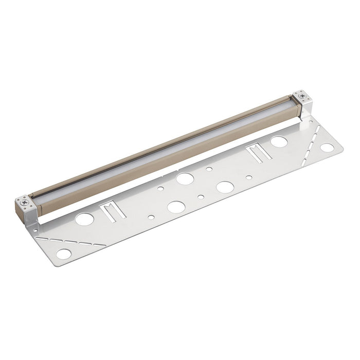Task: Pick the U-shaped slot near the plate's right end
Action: pos(256,153)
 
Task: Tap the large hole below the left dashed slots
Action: pos(64,254)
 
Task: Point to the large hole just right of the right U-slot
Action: pos(279,141)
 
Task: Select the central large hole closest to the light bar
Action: pos(185,178)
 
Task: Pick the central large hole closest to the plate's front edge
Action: pos(176,207)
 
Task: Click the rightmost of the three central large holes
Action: pos(224,187)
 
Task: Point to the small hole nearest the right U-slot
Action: pos(249,177)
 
